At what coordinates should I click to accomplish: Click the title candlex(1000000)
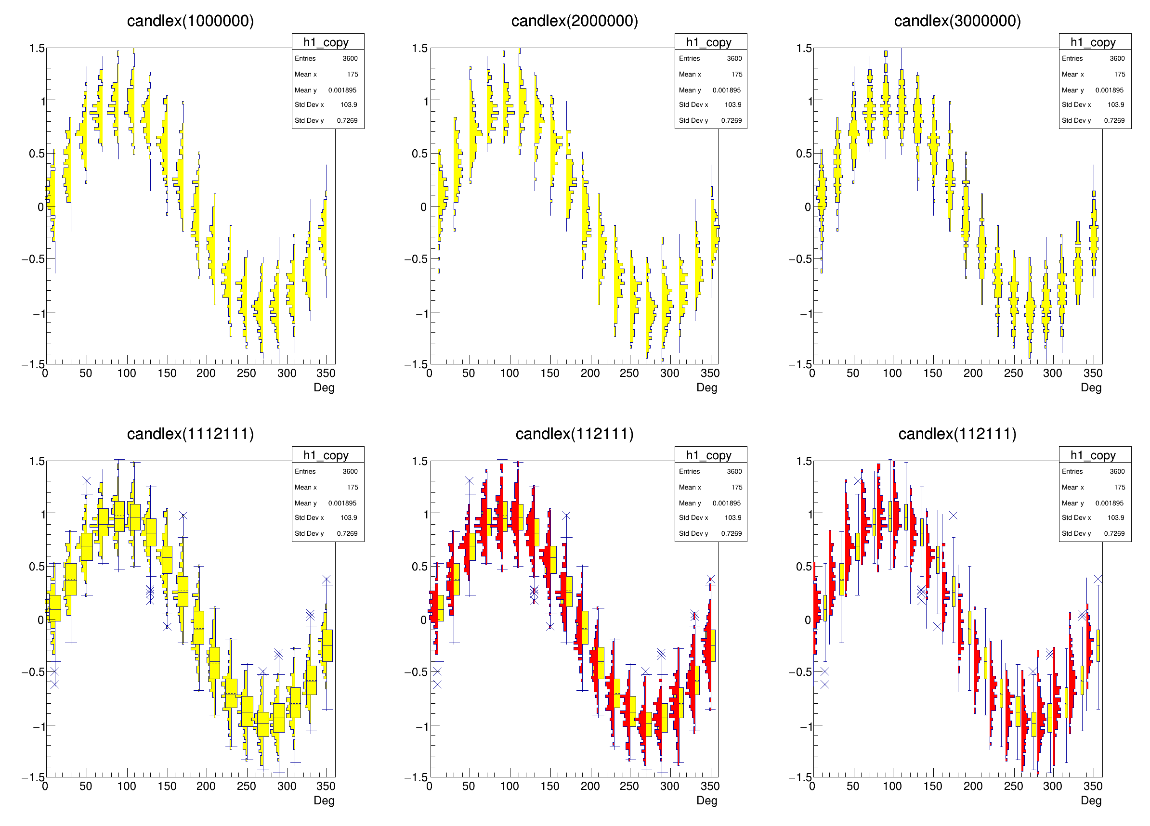coord(190,21)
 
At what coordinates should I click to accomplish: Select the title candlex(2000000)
coord(574,21)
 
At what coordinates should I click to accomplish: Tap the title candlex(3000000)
coord(957,21)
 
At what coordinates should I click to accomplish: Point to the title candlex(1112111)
coord(190,434)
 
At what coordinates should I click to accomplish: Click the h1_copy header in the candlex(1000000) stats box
coord(326,42)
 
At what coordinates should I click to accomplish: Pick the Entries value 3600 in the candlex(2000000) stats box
coord(734,58)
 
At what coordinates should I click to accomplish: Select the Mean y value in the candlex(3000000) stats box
coord(1109,90)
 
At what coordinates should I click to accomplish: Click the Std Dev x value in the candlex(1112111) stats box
coord(348,517)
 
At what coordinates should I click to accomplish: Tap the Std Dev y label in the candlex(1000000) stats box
coord(309,121)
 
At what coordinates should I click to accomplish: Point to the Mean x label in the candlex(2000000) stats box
coord(690,75)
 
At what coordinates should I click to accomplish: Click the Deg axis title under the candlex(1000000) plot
coord(324,387)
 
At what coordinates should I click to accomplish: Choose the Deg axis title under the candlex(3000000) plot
coord(1091,387)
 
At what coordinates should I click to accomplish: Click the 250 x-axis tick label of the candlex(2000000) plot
coord(629,374)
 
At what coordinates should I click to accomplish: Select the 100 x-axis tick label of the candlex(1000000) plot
coord(126,374)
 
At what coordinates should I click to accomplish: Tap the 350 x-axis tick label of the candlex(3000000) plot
coord(1093,374)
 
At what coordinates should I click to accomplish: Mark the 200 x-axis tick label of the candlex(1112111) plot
coord(206,786)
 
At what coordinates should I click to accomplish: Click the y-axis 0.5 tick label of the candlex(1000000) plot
coord(37,154)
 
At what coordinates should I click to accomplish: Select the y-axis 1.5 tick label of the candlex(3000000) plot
coord(804,49)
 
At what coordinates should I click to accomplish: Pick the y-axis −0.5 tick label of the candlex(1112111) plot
coord(32,672)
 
